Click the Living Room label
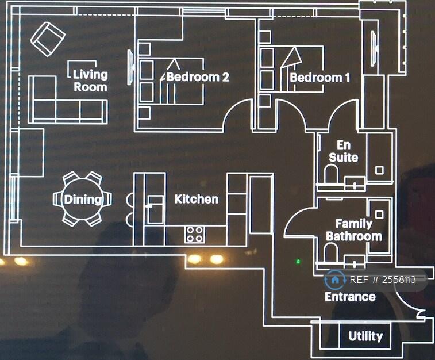tap(90, 81)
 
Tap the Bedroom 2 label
tap(198, 77)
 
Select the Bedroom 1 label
tap(320, 78)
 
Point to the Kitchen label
tap(197, 199)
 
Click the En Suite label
tap(344, 151)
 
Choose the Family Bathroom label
tap(354, 230)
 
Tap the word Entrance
tap(350, 297)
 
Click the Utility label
tap(365, 336)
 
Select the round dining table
tap(82, 199)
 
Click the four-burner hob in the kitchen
tap(195, 235)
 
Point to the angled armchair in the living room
tap(48, 39)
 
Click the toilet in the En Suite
tap(331, 174)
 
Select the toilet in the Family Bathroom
tap(330, 252)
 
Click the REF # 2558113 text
tap(383, 280)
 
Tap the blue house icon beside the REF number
tap(335, 280)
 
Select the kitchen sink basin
tap(155, 209)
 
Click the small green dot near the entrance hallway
tap(298, 261)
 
